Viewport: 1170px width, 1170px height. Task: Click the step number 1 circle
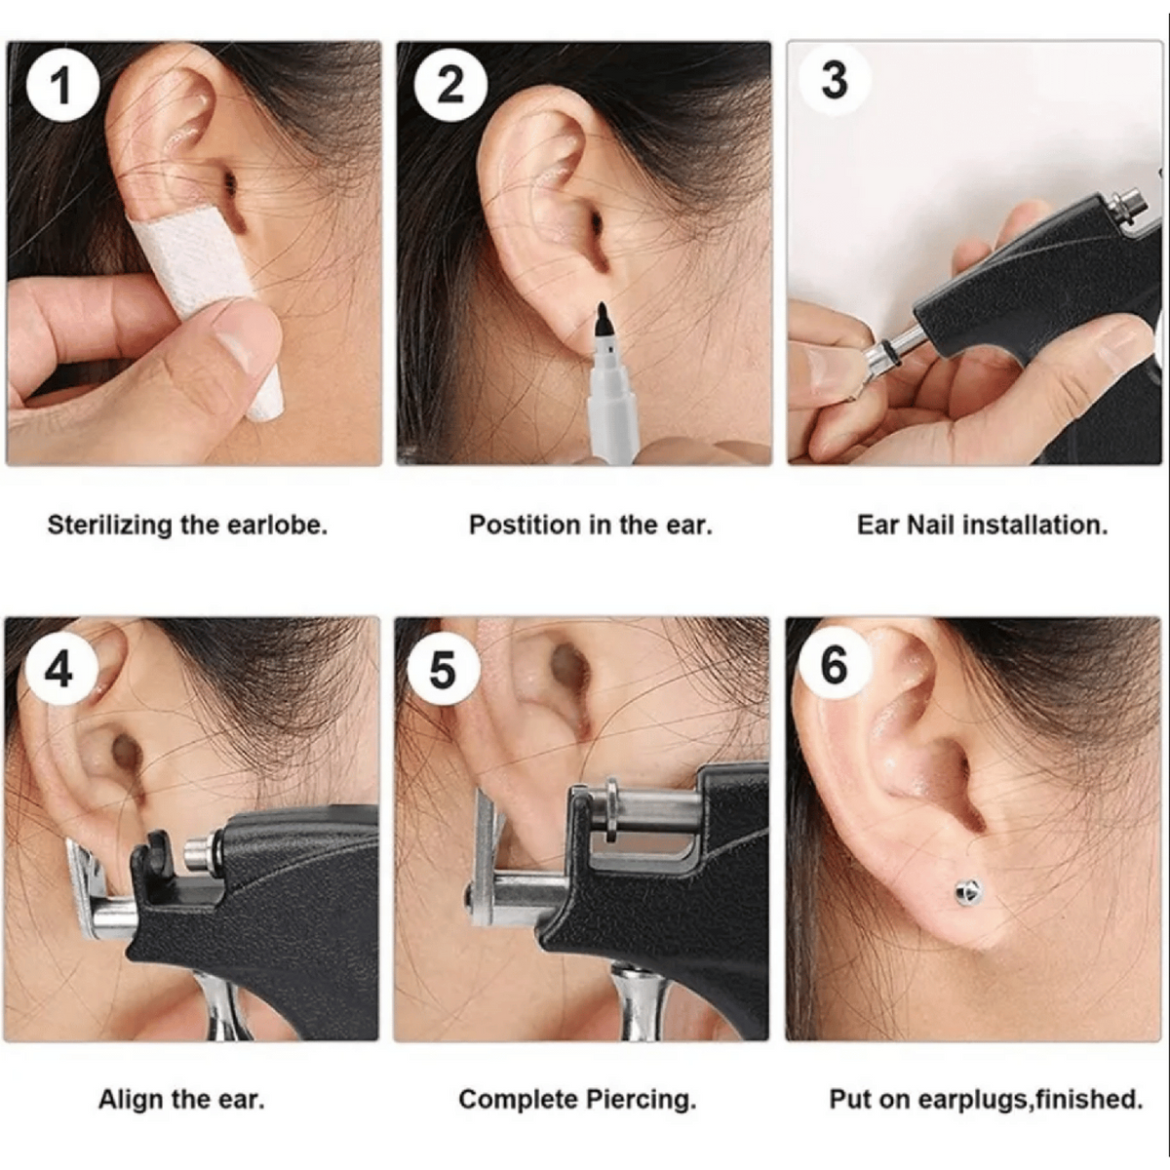click(x=62, y=85)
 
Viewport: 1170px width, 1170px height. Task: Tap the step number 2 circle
click(x=449, y=85)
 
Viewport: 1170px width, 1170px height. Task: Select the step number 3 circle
click(x=835, y=80)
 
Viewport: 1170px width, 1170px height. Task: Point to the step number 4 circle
click(x=58, y=669)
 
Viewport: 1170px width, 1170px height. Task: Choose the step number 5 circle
click(x=443, y=669)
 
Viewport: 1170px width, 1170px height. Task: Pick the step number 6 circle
click(x=834, y=665)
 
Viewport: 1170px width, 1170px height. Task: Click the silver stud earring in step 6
click(x=968, y=892)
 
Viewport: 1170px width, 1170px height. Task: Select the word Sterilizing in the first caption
click(x=110, y=526)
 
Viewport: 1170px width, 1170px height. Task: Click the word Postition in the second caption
click(x=526, y=525)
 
